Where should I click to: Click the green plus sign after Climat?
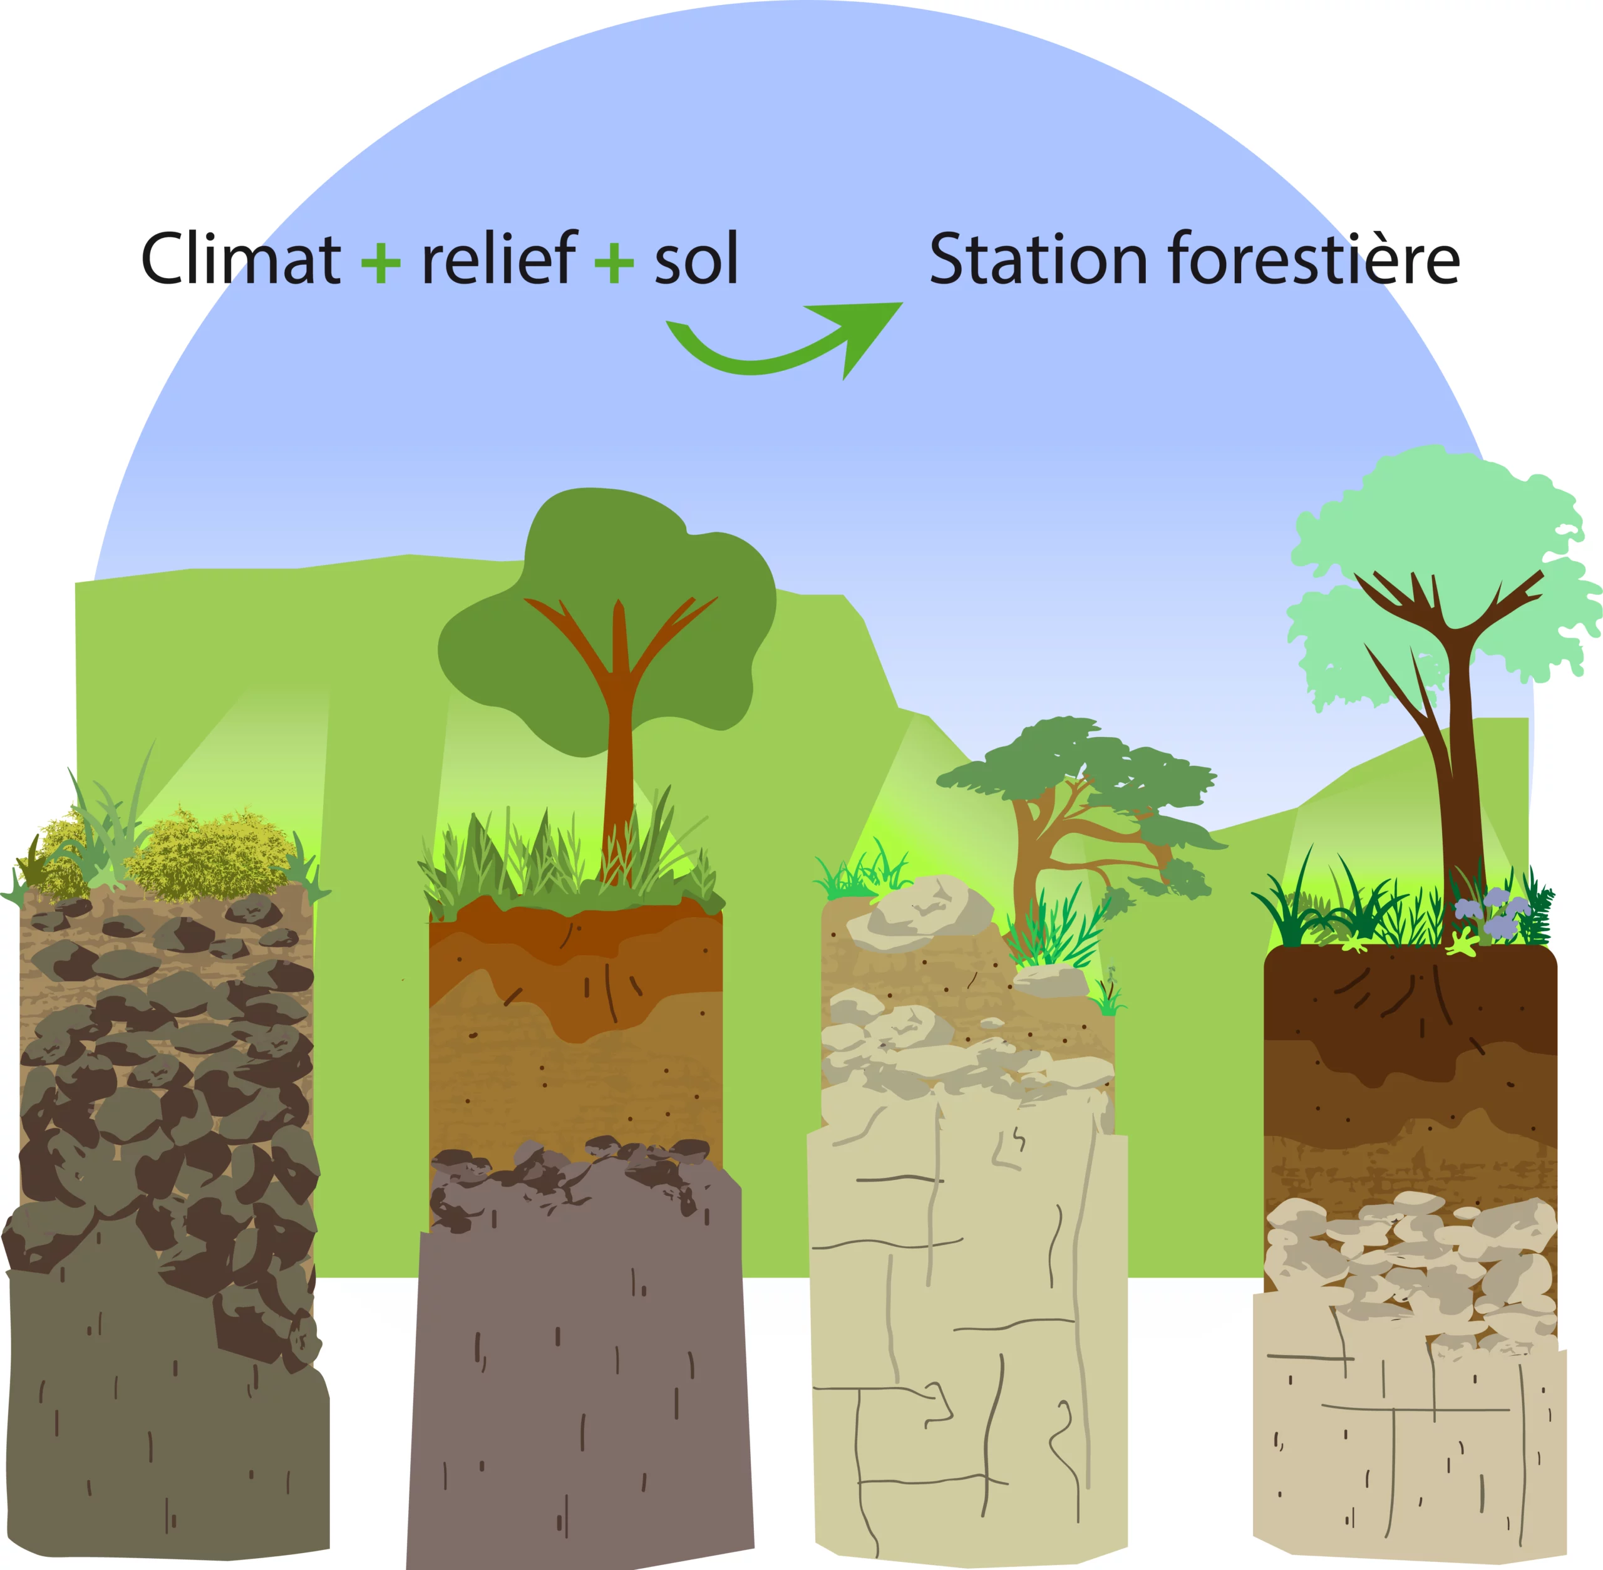(x=381, y=264)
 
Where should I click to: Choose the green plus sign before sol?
(x=614, y=264)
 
